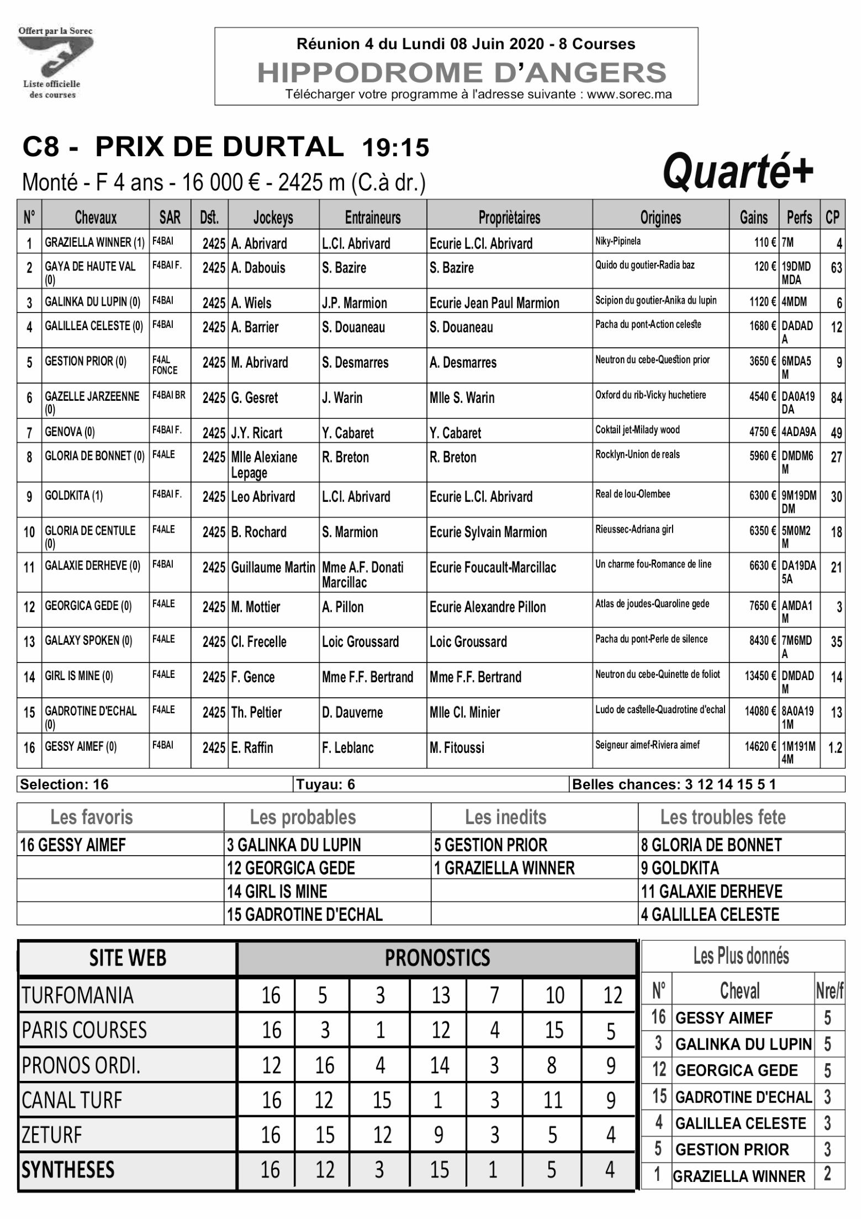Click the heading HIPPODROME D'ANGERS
(x=462, y=73)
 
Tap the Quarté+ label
(x=737, y=172)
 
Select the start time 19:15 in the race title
(x=395, y=148)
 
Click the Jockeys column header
(x=273, y=218)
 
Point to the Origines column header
(x=660, y=218)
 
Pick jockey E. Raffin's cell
(x=252, y=748)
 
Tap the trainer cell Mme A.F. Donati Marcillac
(x=363, y=574)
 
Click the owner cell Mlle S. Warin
(x=462, y=398)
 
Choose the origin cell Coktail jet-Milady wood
(x=637, y=430)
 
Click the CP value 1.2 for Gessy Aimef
(x=835, y=748)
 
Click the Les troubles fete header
(x=722, y=817)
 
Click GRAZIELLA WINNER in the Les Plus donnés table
(x=739, y=1176)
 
